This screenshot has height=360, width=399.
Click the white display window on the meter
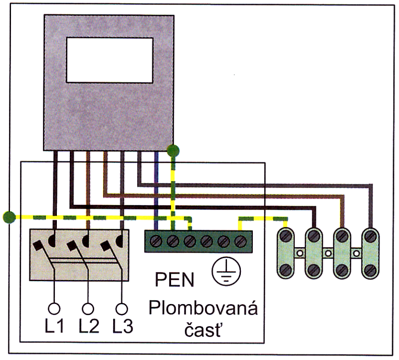pos(109,60)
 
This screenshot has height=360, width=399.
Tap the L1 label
pos(54,327)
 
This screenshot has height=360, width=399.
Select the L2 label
pos(89,327)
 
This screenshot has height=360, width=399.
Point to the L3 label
pos(123,327)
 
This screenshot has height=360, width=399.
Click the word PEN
pos(174,280)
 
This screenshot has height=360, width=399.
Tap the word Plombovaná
pos(203,308)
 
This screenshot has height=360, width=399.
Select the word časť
pos(202,330)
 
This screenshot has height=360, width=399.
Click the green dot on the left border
pos(9,217)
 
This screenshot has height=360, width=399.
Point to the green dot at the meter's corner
pos(173,151)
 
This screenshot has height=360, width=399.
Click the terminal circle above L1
pos(54,309)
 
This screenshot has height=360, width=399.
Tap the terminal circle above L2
pos(88,309)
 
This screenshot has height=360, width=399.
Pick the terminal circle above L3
pos(122,309)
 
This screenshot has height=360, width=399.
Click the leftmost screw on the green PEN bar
pos(156,241)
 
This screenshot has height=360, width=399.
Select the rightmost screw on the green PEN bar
pos(240,241)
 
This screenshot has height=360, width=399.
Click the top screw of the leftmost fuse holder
pos(285,237)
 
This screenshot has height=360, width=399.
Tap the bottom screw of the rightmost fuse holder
pos(371,269)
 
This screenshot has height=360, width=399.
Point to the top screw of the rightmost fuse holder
pos(371,237)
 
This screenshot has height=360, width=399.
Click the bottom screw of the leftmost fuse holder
pos(285,269)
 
